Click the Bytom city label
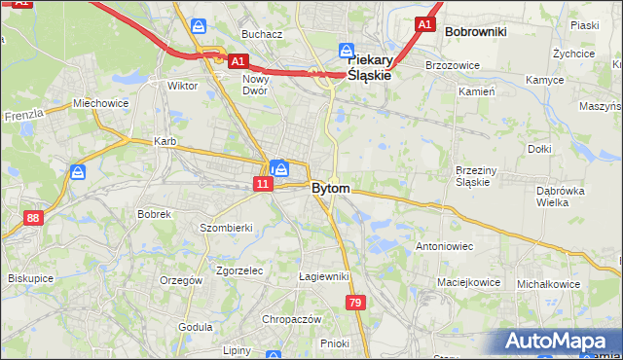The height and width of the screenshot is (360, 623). (x=331, y=188)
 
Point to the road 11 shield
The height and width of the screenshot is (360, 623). (x=263, y=183)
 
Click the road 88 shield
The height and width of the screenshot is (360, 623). (x=34, y=218)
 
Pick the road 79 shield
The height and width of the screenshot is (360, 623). (x=356, y=303)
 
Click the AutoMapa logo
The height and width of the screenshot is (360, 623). (x=556, y=342)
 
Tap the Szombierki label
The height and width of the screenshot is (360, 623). (x=226, y=227)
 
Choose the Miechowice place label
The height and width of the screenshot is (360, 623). (x=100, y=103)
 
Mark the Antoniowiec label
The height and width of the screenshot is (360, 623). (x=444, y=246)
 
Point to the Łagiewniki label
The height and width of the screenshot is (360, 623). (x=323, y=276)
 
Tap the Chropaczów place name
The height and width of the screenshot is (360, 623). (x=291, y=318)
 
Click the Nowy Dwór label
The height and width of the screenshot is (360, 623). (x=256, y=85)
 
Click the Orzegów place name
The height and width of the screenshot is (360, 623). (x=182, y=280)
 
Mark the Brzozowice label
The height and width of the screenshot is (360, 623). (x=449, y=65)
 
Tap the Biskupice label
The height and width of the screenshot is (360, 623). (x=30, y=278)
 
